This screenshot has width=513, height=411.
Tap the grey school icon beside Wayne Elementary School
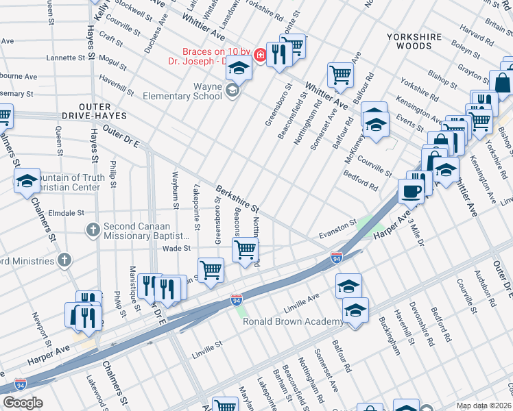tap(232, 91)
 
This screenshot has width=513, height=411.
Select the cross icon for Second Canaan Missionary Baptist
tap(93, 229)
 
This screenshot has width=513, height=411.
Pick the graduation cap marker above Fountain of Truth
tap(27, 182)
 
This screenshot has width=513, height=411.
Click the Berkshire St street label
tap(237, 198)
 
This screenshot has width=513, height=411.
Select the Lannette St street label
tap(65, 58)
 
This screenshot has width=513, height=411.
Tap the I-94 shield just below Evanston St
tap(336, 258)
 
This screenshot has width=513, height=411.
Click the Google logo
tap(23, 403)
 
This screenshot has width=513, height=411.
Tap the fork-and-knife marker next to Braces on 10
tap(278, 55)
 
